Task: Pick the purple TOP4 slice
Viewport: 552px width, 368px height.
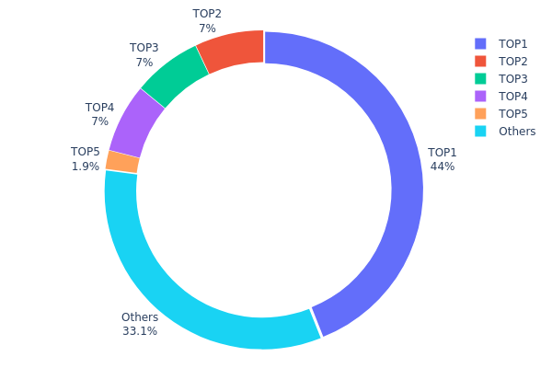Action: pyautogui.click(x=136, y=123)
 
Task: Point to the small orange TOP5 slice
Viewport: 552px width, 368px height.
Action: pyautogui.click(x=121, y=162)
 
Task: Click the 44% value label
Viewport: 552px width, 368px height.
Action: pyautogui.click(x=442, y=167)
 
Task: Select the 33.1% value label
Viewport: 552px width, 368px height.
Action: pyautogui.click(x=140, y=331)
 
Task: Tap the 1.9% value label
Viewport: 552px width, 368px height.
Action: pyautogui.click(x=86, y=167)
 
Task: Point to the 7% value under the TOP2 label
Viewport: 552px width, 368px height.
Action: pyautogui.click(x=207, y=29)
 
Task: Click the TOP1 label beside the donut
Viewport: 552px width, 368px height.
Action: pyautogui.click(x=442, y=153)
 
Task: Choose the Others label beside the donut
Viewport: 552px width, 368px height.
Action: pyautogui.click(x=140, y=317)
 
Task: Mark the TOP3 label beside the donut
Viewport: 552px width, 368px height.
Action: pyautogui.click(x=144, y=48)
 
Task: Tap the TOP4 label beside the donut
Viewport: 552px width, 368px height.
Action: pyautogui.click(x=100, y=108)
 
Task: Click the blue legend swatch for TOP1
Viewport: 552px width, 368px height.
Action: pyautogui.click(x=480, y=43)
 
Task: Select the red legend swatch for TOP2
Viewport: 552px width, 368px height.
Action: pyautogui.click(x=480, y=61)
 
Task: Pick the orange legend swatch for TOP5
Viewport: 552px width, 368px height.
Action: pyautogui.click(x=480, y=113)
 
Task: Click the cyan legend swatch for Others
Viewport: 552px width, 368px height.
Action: pyautogui.click(x=480, y=131)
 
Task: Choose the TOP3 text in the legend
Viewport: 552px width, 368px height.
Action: pyautogui.click(x=513, y=78)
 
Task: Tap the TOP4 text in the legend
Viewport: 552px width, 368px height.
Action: pyautogui.click(x=513, y=96)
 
